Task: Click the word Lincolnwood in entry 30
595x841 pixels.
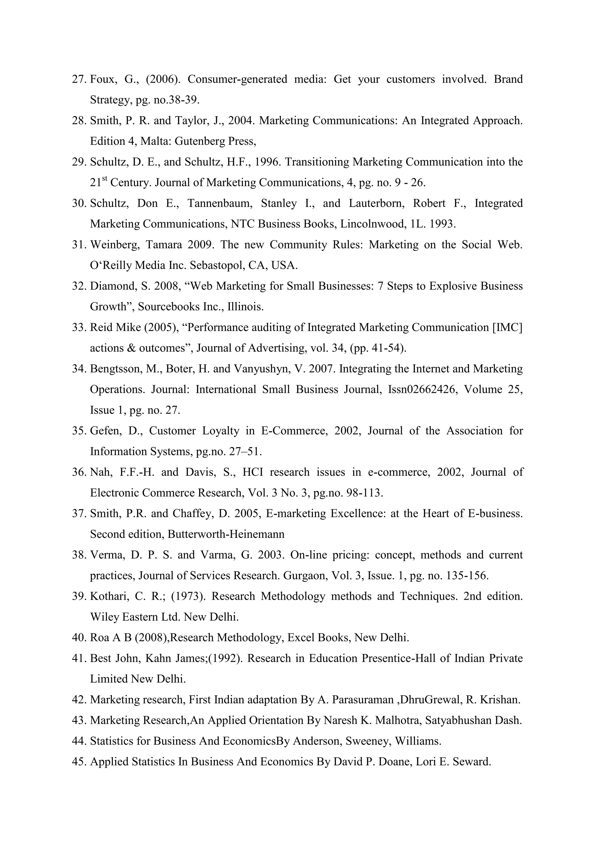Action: [372, 224]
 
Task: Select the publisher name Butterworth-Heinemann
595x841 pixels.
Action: [226, 534]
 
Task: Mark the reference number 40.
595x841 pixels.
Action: [79, 638]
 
